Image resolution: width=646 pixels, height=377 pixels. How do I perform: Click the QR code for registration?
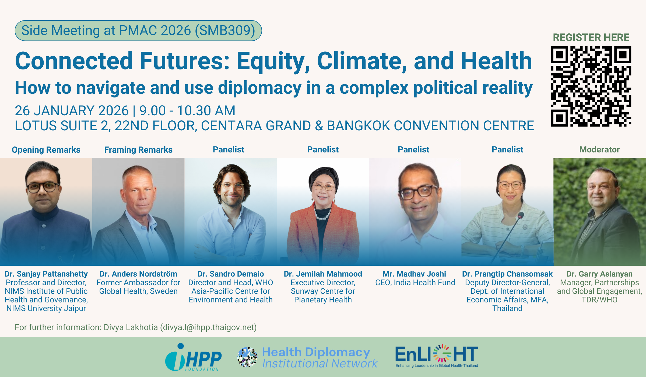(591, 86)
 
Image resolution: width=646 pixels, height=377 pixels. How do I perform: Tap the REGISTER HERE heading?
(591, 37)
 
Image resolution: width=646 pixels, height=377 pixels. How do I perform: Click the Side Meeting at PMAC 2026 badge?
(138, 30)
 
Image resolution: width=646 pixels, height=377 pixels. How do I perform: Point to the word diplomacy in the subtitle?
(259, 88)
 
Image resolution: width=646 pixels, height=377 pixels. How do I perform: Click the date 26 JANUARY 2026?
(72, 111)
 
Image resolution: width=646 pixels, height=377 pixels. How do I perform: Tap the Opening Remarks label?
(46, 150)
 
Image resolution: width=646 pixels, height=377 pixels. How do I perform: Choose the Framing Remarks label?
(138, 150)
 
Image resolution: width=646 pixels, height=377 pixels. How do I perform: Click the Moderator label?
(599, 149)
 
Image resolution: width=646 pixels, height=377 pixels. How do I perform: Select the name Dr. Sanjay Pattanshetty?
(46, 274)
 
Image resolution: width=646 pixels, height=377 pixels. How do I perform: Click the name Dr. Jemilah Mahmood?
(323, 274)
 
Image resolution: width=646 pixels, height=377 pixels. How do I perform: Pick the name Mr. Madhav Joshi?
(414, 274)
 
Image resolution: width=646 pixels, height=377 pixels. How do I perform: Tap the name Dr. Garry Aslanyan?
(599, 274)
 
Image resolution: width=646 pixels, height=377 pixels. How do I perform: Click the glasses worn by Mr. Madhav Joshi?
(419, 192)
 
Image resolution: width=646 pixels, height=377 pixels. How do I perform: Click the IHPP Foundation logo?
(193, 357)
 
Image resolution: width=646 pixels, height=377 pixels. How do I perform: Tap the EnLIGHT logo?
(437, 356)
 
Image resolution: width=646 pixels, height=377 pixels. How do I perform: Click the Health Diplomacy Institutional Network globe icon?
(247, 357)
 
